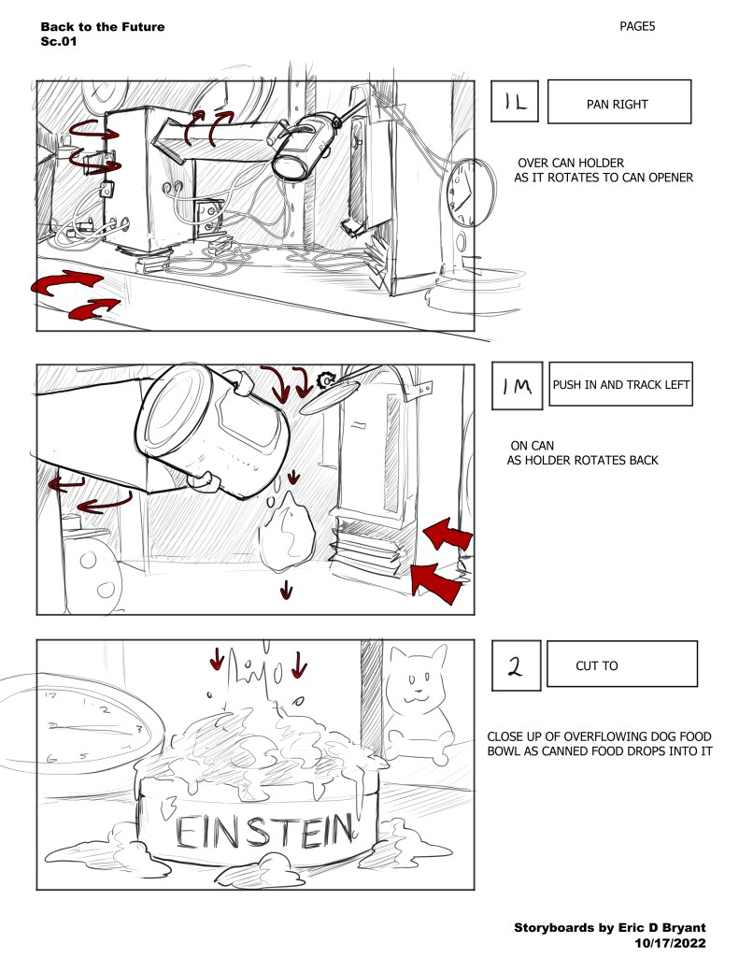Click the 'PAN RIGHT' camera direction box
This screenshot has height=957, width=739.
618,103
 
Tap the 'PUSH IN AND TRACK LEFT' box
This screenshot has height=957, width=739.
621,384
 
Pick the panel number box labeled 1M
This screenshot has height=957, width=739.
516,385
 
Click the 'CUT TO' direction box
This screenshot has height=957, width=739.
621,665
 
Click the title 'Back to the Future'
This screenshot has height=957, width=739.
103,27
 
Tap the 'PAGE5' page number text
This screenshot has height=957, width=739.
637,27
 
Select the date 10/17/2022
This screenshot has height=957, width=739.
671,944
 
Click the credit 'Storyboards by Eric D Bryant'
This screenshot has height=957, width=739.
610,927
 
